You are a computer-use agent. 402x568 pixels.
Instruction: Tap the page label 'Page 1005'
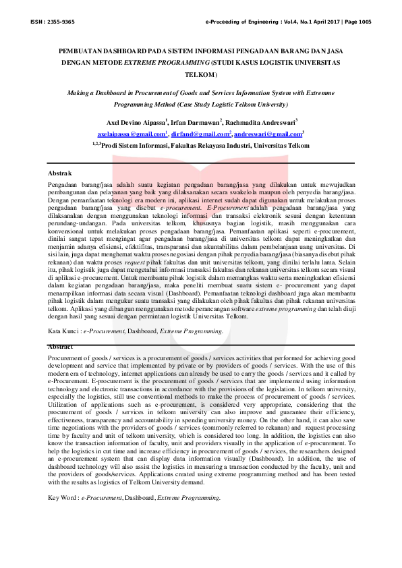pos(355,22)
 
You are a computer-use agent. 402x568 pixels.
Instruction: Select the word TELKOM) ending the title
pos(201,74)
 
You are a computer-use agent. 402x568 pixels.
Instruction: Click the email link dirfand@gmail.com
pos(200,134)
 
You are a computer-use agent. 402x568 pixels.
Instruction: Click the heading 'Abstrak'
pos(59,173)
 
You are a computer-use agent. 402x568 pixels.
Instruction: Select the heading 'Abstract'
pos(61,346)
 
